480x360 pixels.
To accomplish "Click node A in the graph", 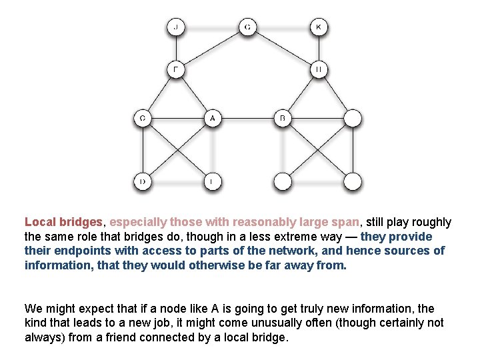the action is [x=212, y=119].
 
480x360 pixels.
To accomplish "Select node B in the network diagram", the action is [x=283, y=119].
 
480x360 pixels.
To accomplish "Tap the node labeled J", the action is [x=176, y=27].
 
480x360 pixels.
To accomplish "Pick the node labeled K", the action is [x=319, y=27].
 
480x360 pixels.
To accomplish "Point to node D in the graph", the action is [x=142, y=181].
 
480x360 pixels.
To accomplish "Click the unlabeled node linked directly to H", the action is [x=353, y=119].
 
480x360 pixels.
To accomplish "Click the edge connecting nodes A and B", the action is [x=247, y=119].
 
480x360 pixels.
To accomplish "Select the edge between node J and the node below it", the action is [x=176, y=48].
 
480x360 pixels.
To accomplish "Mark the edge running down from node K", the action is [x=319, y=48].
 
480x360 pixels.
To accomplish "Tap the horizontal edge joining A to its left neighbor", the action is [x=177, y=119].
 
